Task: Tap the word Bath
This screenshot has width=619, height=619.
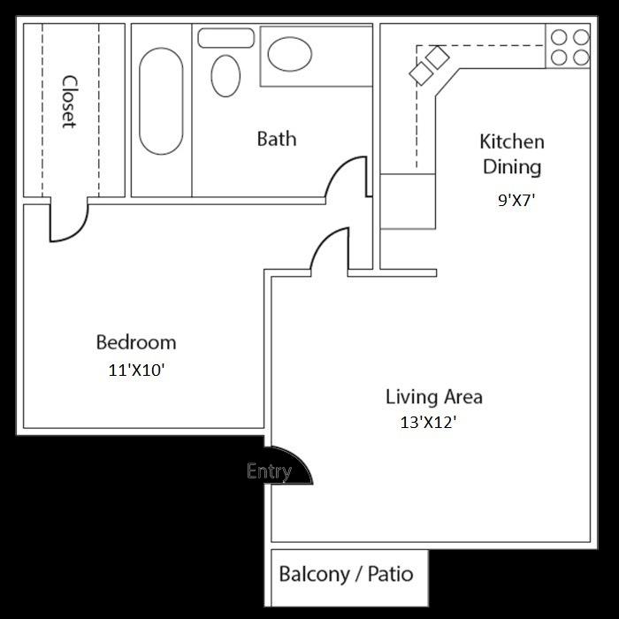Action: pos(276,139)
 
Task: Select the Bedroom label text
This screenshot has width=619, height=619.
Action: pos(135,342)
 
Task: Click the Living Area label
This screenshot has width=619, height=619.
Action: pos(433,396)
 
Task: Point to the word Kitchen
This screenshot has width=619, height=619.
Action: pos(511,141)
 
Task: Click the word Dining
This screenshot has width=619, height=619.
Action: pos(511,166)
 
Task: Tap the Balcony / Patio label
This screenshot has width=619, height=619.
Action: pos(346,573)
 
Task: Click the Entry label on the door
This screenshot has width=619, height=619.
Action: pos(269,471)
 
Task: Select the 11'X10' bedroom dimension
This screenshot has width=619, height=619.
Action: pos(136,371)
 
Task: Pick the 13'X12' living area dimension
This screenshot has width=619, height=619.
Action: pos(428,423)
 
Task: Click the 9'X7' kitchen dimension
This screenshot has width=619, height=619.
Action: pos(517,200)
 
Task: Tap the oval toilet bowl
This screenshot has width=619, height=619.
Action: pos(226,76)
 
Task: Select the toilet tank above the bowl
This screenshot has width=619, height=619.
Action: pos(226,38)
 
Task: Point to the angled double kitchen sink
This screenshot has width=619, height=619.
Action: pos(429,65)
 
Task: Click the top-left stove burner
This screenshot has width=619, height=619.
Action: pos(559,37)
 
